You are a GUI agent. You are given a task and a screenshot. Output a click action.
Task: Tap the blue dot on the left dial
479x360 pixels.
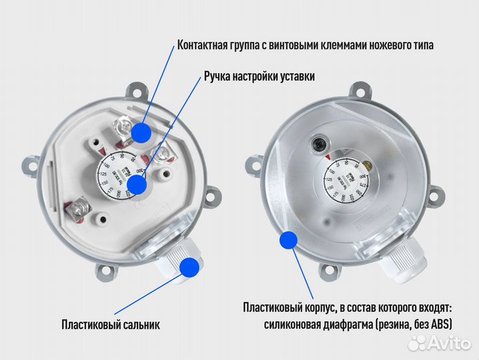click(x=137, y=185)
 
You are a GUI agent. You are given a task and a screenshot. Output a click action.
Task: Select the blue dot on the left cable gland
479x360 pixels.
click(x=189, y=267)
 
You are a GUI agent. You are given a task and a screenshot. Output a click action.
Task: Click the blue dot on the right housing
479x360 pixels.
click(x=288, y=239)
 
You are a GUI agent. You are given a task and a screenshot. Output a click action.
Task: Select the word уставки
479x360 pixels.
click(x=295, y=77)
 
